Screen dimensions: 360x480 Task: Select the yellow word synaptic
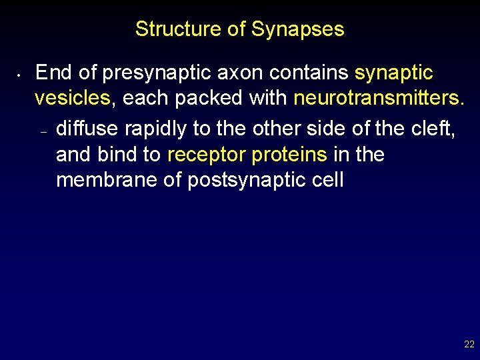click(x=394, y=72)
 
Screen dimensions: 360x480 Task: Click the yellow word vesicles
click(x=72, y=99)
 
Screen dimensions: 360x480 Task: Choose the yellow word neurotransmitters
click(x=378, y=99)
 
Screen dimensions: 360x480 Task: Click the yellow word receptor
click(x=206, y=155)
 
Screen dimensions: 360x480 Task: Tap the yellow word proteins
click(x=289, y=155)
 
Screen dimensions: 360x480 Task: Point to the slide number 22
click(x=469, y=345)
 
